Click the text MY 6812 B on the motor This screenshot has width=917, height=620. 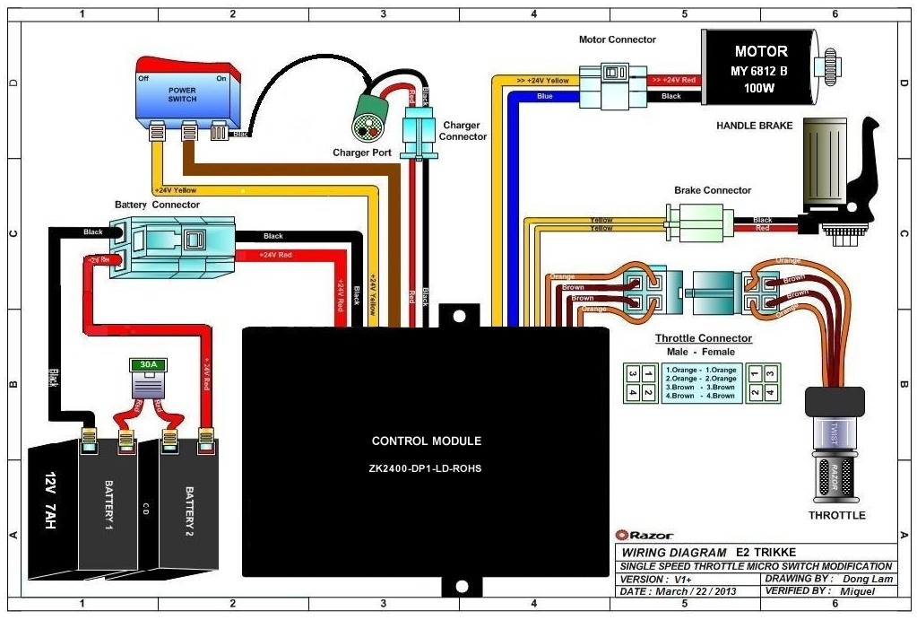click(761, 70)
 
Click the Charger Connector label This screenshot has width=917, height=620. click(463, 131)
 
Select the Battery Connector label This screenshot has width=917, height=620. click(157, 205)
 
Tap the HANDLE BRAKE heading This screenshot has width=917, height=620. click(754, 126)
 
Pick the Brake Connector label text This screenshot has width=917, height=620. click(713, 190)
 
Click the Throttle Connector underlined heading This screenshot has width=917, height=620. click(703, 338)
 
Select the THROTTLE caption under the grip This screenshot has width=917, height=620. click(836, 515)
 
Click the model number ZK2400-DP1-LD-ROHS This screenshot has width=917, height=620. click(427, 467)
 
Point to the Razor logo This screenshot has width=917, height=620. click(638, 535)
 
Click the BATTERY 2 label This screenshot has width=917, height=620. click(189, 507)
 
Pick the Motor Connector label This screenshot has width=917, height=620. click(618, 39)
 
